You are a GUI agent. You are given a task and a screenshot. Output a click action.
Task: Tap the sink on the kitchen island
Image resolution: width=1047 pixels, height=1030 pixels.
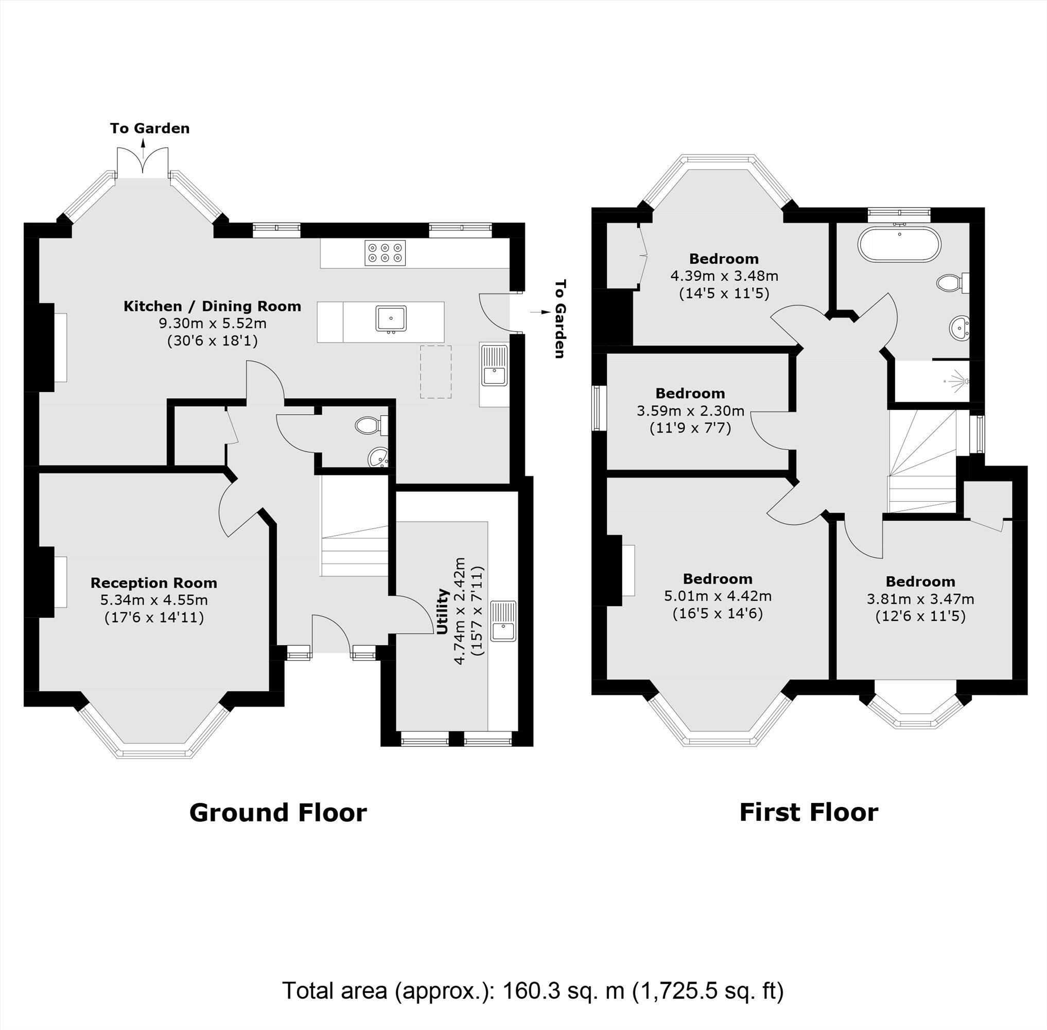pos(391,318)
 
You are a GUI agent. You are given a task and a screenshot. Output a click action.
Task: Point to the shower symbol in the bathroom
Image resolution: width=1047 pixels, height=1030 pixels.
pos(957,380)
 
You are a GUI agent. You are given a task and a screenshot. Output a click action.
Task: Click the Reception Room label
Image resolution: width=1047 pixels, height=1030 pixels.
pos(153,582)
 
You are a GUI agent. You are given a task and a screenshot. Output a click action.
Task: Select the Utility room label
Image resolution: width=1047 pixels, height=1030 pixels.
pos(443,611)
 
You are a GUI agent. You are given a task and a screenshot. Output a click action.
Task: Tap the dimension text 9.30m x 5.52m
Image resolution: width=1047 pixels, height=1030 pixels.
pos(212,323)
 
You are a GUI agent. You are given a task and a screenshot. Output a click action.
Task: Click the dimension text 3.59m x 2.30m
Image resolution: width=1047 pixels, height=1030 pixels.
pos(690,410)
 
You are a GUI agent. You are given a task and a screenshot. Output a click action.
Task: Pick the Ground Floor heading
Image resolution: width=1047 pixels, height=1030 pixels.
pos(278,813)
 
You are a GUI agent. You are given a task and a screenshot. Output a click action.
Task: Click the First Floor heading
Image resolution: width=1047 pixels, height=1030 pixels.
pos(809,813)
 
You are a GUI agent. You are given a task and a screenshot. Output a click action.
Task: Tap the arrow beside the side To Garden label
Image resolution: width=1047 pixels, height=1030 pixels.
pos(538,312)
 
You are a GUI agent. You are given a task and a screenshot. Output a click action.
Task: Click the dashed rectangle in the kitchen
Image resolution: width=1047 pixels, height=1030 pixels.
pos(436,372)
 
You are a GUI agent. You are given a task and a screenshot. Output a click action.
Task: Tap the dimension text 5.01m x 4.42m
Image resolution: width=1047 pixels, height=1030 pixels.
pos(717,596)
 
